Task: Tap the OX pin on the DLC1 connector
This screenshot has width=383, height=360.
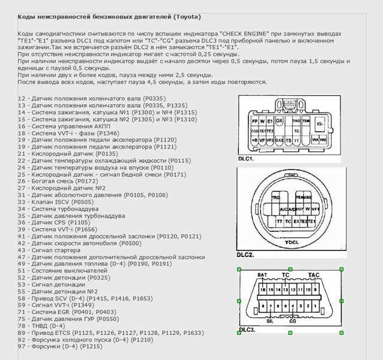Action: click(279, 120)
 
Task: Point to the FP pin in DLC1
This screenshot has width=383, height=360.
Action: click(254, 120)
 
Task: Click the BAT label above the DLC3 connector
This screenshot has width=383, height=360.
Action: click(262, 275)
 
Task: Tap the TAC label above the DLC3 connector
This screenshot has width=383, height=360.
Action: click(314, 275)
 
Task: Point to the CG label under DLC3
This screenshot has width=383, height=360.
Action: click(293, 321)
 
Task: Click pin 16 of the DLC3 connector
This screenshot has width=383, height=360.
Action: click(262, 289)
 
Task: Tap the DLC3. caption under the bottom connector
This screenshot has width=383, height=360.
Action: click(247, 330)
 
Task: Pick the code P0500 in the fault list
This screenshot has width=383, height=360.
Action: click(131, 244)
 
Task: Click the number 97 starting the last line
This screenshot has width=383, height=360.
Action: click(22, 346)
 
